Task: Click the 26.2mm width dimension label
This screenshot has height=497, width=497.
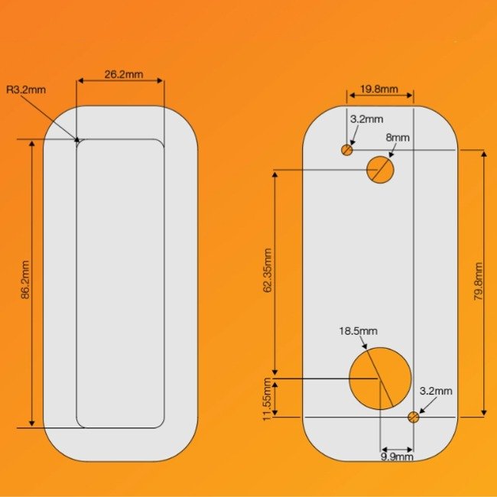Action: point(124,74)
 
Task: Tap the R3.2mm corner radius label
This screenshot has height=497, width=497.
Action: point(26,89)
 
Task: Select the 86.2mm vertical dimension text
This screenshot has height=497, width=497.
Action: point(25,280)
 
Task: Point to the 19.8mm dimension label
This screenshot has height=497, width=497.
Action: point(379,89)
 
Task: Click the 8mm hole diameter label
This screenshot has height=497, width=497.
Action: point(398,138)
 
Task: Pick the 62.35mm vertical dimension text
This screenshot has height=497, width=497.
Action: point(268,271)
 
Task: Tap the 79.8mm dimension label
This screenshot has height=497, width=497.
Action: point(478,282)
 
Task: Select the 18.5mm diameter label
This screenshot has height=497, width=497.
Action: point(358,331)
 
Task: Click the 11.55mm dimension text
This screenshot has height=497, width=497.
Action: point(267,399)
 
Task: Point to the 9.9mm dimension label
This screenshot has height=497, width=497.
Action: point(397,456)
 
